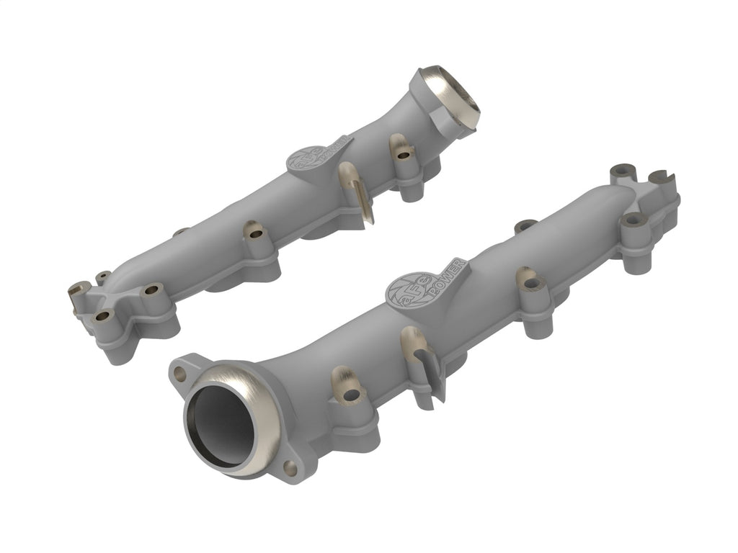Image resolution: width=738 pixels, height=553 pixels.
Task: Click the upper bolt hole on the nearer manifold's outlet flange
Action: (x=182, y=372)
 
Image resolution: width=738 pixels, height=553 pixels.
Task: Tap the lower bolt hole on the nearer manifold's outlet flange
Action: (x=290, y=468)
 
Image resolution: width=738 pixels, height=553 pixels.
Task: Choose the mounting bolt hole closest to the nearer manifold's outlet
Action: (x=351, y=394)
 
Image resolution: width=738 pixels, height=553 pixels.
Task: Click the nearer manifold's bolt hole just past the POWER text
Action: (x=532, y=284)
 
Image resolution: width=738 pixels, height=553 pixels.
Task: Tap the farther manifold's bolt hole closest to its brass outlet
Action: (x=404, y=154)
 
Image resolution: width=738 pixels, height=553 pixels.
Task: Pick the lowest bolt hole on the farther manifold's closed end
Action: (x=102, y=316)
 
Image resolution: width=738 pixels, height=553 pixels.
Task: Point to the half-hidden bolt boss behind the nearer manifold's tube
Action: (x=525, y=226)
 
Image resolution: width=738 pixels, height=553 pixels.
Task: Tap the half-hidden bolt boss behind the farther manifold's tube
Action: (x=180, y=233)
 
